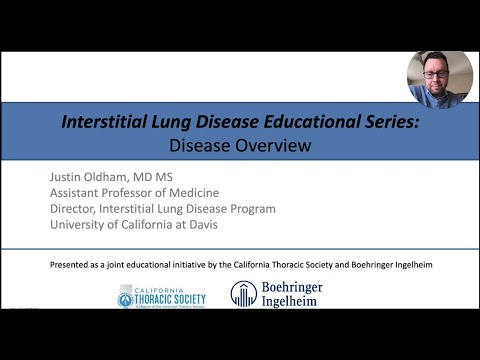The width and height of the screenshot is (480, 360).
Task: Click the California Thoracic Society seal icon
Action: pyautogui.click(x=126, y=296)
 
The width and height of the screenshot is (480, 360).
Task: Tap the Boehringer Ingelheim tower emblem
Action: pyautogui.click(x=243, y=294)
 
